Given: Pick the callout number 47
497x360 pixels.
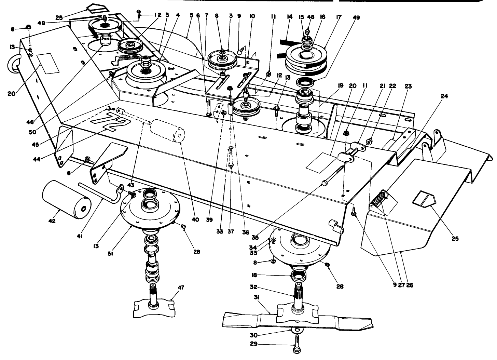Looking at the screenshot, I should click(181, 288).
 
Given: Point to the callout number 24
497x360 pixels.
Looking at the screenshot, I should click(444, 96).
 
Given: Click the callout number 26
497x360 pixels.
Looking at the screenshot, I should click(410, 285).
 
